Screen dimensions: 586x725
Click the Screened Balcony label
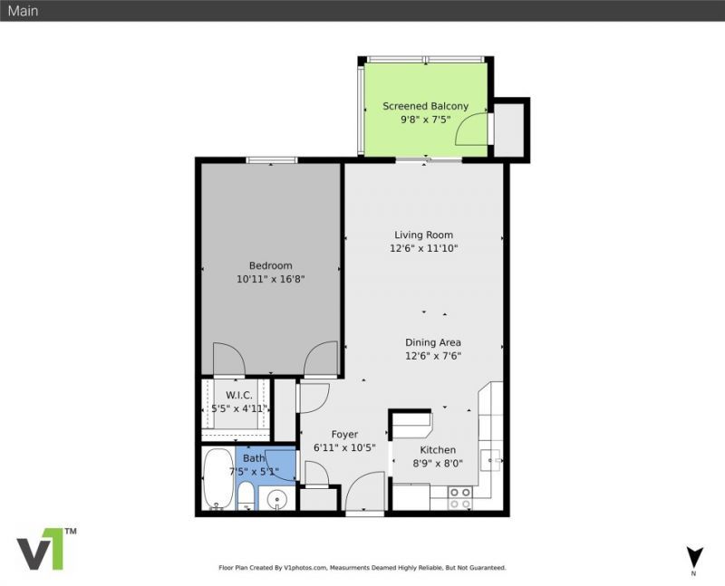(425, 106)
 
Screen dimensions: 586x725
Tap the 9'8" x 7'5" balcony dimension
(425, 119)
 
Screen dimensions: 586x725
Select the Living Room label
(423, 235)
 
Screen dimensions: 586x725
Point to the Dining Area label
(432, 342)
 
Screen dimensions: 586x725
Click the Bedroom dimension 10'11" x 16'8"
(270, 279)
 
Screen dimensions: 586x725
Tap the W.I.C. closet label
(238, 395)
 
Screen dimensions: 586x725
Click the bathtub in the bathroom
(218, 478)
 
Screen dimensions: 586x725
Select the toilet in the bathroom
(246, 495)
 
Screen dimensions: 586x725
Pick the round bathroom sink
(277, 498)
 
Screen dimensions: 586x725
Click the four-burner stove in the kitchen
(460, 497)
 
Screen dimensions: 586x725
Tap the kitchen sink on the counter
(491, 460)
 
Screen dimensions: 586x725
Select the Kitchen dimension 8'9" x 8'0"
(438, 462)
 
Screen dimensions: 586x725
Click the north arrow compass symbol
(694, 558)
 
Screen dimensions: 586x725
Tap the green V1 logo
(42, 548)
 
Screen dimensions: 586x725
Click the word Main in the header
(24, 11)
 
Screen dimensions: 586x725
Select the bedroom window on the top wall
(272, 160)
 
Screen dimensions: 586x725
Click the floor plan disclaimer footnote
(362, 568)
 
